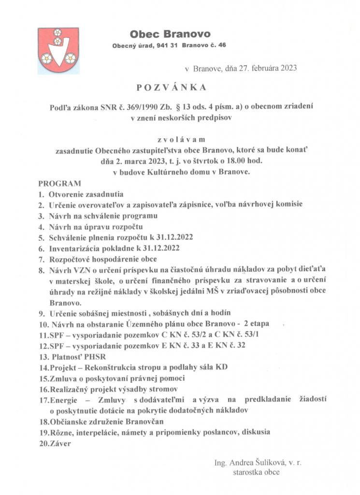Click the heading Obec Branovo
(170, 34)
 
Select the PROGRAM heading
(59, 184)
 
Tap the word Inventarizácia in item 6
(74, 249)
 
